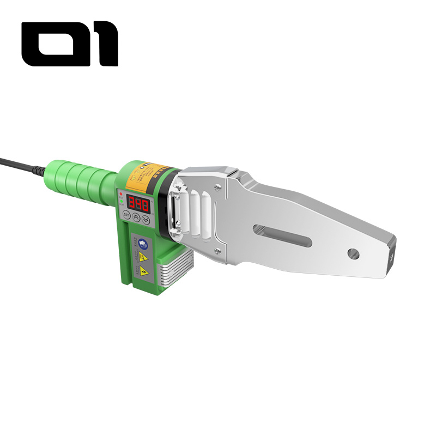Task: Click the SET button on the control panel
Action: (x=126, y=215)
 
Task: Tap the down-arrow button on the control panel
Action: (x=146, y=218)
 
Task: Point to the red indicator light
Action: (x=120, y=192)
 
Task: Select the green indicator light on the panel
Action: (x=120, y=200)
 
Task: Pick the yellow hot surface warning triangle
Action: (x=143, y=256)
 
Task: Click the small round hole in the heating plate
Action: (x=354, y=253)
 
